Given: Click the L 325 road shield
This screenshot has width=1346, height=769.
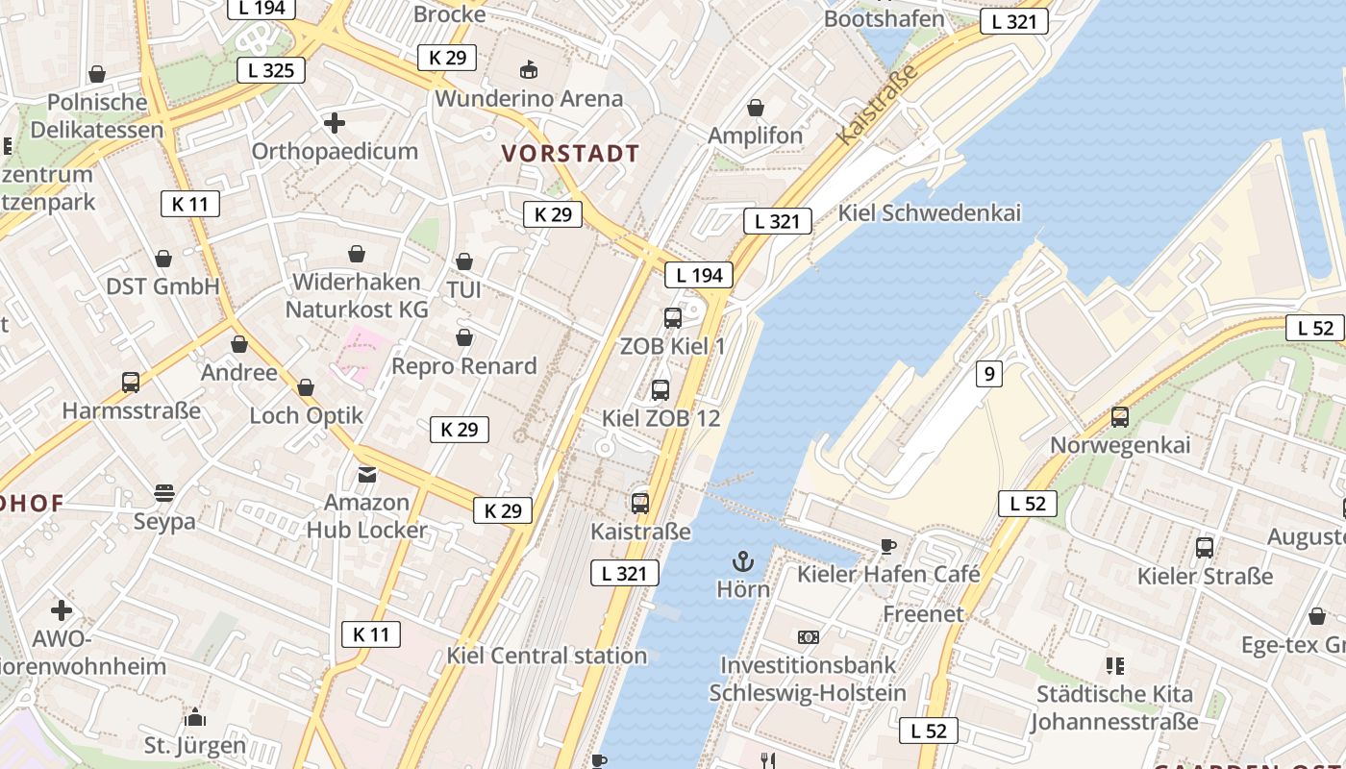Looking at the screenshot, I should [271, 69].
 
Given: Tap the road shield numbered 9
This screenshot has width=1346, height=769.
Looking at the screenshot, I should [988, 374].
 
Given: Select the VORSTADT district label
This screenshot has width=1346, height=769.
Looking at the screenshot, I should [570, 153].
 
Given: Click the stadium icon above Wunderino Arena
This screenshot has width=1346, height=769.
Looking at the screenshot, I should [528, 69].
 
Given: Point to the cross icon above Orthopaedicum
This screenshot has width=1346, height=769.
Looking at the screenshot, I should [335, 123].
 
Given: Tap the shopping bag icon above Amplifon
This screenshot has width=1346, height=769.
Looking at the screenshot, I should [756, 107].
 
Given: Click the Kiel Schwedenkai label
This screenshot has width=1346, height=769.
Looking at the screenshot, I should [930, 212].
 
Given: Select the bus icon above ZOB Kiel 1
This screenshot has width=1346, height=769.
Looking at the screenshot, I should [673, 317].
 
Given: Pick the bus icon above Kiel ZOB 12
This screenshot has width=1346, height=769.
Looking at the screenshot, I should [661, 389].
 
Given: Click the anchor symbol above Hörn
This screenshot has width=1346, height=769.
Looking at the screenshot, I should [742, 560].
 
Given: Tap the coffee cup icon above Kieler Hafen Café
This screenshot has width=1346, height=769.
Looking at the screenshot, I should [888, 546].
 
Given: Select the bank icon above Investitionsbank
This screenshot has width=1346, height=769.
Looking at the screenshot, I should [808, 636].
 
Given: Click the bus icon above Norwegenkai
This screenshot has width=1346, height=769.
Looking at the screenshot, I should [1120, 417].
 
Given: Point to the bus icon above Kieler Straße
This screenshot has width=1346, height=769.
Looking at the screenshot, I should [1205, 548].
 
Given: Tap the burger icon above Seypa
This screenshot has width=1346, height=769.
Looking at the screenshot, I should [164, 493].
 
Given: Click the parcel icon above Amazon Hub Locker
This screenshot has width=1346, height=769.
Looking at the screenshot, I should [366, 474].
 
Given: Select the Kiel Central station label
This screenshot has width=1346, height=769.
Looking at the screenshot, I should [546, 656].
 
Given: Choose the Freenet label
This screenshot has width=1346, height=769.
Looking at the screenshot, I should [923, 613].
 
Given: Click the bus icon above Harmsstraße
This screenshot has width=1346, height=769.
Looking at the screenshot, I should [131, 382].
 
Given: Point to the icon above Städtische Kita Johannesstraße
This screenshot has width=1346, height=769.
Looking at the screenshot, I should [1115, 665].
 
